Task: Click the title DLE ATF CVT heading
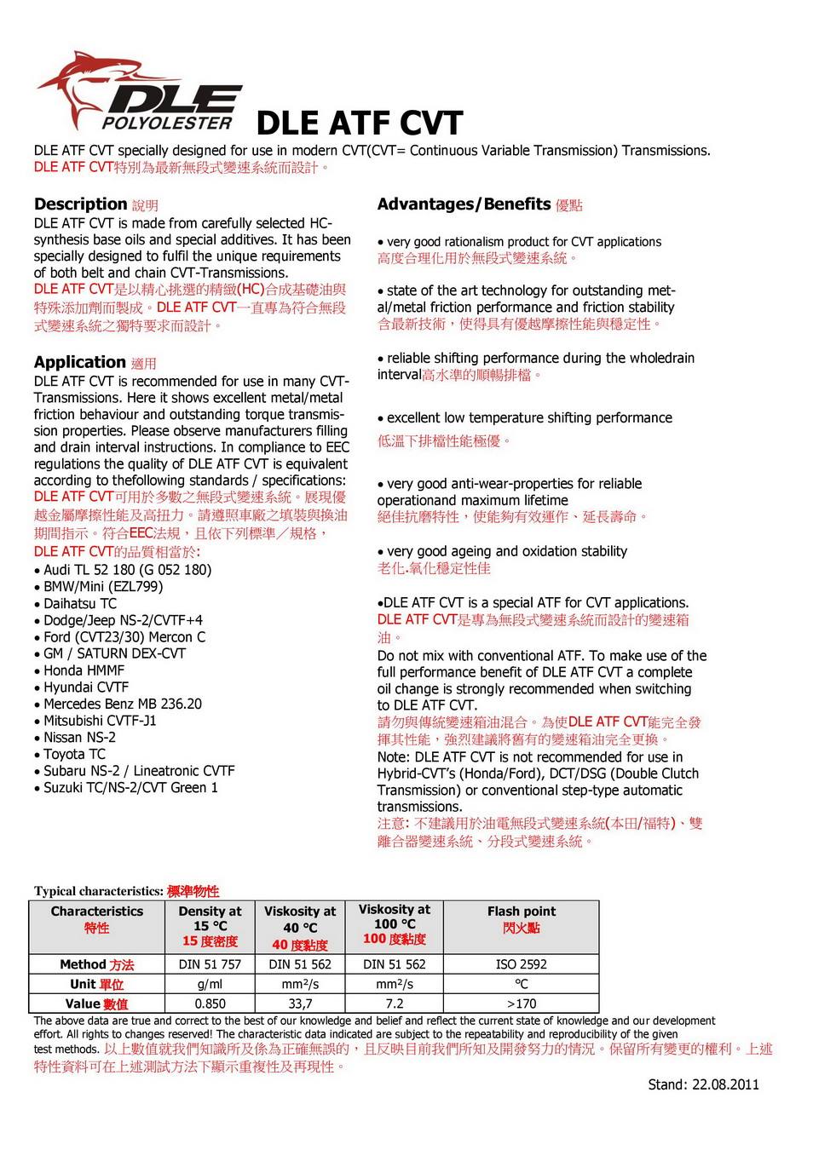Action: tap(359, 124)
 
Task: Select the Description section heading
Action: tap(81, 204)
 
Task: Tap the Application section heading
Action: tap(80, 362)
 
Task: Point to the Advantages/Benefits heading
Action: tap(464, 204)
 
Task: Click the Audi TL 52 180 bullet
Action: tap(127, 570)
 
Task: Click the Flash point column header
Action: tap(522, 912)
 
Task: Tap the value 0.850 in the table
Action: tap(210, 1003)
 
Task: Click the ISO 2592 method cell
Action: tap(522, 964)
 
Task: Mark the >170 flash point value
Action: tap(522, 1003)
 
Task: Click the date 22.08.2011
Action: tap(725, 1084)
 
